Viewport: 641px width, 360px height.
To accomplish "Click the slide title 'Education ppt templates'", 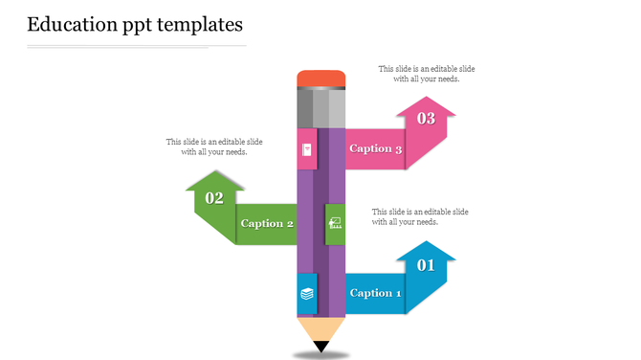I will (x=135, y=23).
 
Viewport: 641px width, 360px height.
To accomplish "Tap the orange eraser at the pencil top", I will (x=320, y=78).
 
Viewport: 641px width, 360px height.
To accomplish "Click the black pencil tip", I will (x=320, y=347).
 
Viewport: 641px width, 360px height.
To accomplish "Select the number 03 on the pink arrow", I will (x=426, y=119).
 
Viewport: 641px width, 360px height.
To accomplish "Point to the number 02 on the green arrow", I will (x=214, y=198).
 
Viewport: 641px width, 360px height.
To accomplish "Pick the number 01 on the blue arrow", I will (x=426, y=265).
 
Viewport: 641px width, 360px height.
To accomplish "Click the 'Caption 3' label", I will (x=376, y=148).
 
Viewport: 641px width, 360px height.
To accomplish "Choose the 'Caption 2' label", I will (x=267, y=223).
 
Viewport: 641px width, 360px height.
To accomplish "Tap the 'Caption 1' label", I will (x=376, y=293).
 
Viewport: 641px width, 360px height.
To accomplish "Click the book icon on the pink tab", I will (x=307, y=150).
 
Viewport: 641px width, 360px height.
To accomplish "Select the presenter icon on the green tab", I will (x=335, y=224).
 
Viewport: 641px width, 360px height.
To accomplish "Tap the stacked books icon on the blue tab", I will (x=307, y=294).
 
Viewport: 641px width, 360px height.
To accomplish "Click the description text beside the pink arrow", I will (x=426, y=74).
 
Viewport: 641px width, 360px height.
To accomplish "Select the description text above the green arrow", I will (x=214, y=146).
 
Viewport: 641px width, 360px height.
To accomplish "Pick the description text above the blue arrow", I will (x=420, y=216).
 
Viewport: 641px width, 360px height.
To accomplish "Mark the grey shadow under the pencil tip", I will (x=320, y=355).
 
